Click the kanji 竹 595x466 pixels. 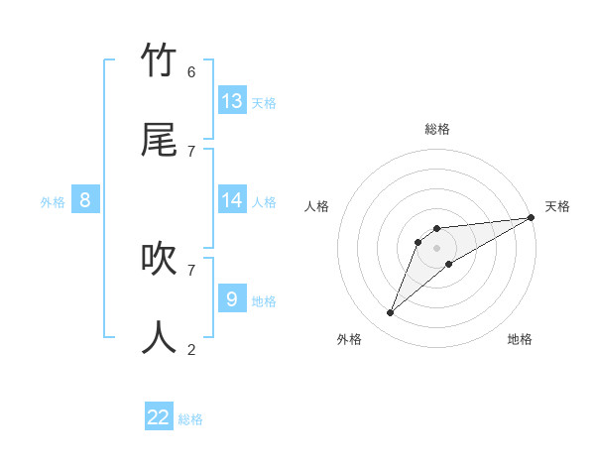pos(159,61)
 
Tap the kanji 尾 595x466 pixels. pos(159,140)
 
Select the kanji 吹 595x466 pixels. pos(159,259)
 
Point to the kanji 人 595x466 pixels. pos(159,337)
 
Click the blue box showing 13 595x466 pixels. pos(232,101)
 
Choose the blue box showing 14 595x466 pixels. pos(232,200)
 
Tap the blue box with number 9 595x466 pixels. pos(232,298)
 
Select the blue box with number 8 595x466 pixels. pos(85,200)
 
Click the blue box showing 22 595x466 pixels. pos(159,417)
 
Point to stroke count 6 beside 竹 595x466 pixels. pos(191,72)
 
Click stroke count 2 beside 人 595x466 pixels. pos(191,349)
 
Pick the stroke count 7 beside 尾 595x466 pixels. pos(191,151)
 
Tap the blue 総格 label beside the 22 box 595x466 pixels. pos(190,419)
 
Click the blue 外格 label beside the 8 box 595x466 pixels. pos(53,202)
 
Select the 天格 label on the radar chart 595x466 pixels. pos(557,206)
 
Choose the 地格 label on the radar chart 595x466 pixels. pos(520,339)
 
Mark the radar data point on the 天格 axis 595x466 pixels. pos(531,217)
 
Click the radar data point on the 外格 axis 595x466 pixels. pos(390,313)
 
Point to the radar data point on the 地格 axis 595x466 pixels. pos(449,264)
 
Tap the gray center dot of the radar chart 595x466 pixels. pos(436,248)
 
